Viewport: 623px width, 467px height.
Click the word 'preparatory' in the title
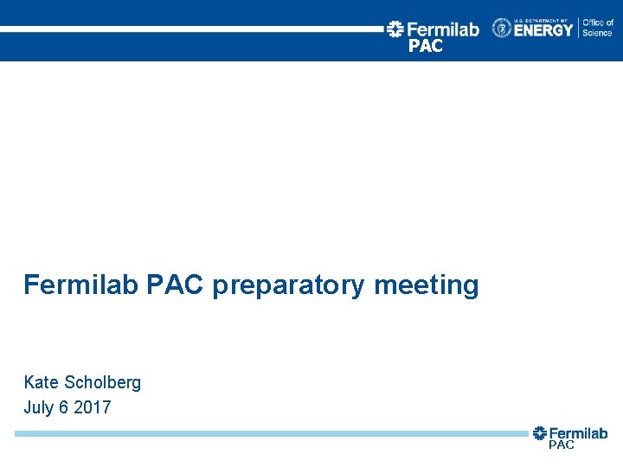[288, 285]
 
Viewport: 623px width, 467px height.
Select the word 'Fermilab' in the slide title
[80, 285]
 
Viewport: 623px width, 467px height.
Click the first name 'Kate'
[41, 382]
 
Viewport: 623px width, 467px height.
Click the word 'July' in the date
[39, 407]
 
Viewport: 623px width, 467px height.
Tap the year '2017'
[93, 407]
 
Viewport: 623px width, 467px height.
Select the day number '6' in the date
[63, 407]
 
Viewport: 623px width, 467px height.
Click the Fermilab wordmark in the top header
[442, 29]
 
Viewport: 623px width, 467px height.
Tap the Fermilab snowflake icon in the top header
[395, 29]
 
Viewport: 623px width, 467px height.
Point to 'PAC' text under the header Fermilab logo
[425, 47]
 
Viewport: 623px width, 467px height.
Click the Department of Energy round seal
[502, 29]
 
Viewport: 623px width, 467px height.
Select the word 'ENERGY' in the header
[543, 30]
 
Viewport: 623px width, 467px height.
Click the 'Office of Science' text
[597, 28]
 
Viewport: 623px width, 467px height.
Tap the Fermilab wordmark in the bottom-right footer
[578, 433]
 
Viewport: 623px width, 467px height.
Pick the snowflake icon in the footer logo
[540, 433]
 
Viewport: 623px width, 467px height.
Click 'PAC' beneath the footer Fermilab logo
[561, 445]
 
